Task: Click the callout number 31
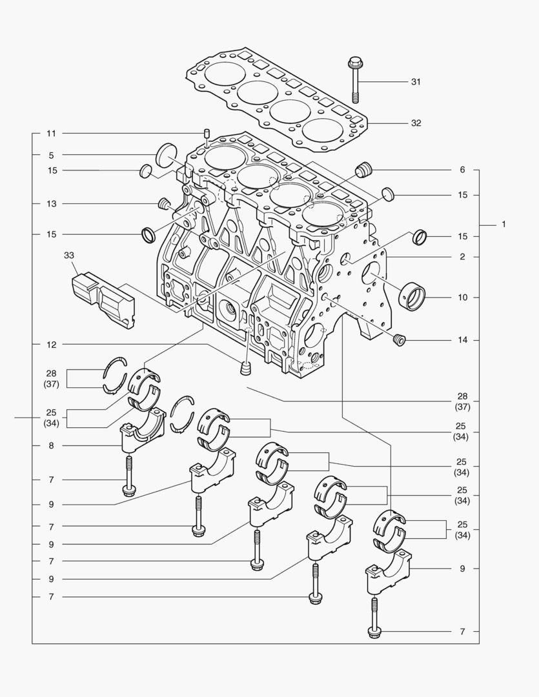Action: (416, 82)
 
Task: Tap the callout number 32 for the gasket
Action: (416, 123)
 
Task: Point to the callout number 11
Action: (51, 134)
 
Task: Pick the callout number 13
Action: (51, 204)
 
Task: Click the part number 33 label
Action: (69, 256)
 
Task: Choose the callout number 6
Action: (462, 170)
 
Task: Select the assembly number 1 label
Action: (503, 225)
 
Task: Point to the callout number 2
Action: (462, 257)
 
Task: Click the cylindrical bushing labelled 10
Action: (414, 298)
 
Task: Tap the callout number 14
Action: (462, 340)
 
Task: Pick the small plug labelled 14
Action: (398, 339)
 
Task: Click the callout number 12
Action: (51, 345)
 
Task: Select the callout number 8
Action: (51, 446)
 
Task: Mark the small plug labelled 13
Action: (163, 204)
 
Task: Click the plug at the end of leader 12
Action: (245, 369)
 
